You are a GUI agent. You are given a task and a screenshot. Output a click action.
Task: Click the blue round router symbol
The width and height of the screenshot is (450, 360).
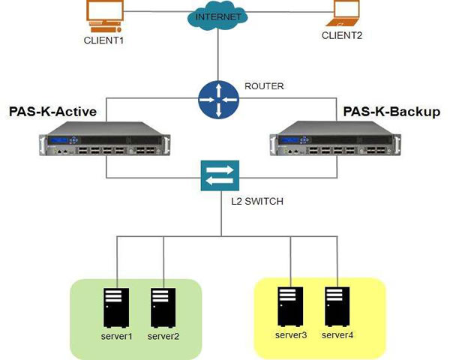pyautogui.click(x=217, y=100)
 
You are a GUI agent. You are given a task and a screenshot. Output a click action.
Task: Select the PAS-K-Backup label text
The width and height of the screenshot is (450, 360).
pyautogui.click(x=391, y=112)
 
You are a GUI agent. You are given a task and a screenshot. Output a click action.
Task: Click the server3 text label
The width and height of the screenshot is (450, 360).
pyautogui.click(x=289, y=334)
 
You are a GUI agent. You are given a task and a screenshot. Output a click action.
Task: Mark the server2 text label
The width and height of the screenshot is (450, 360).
pyautogui.click(x=162, y=335)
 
